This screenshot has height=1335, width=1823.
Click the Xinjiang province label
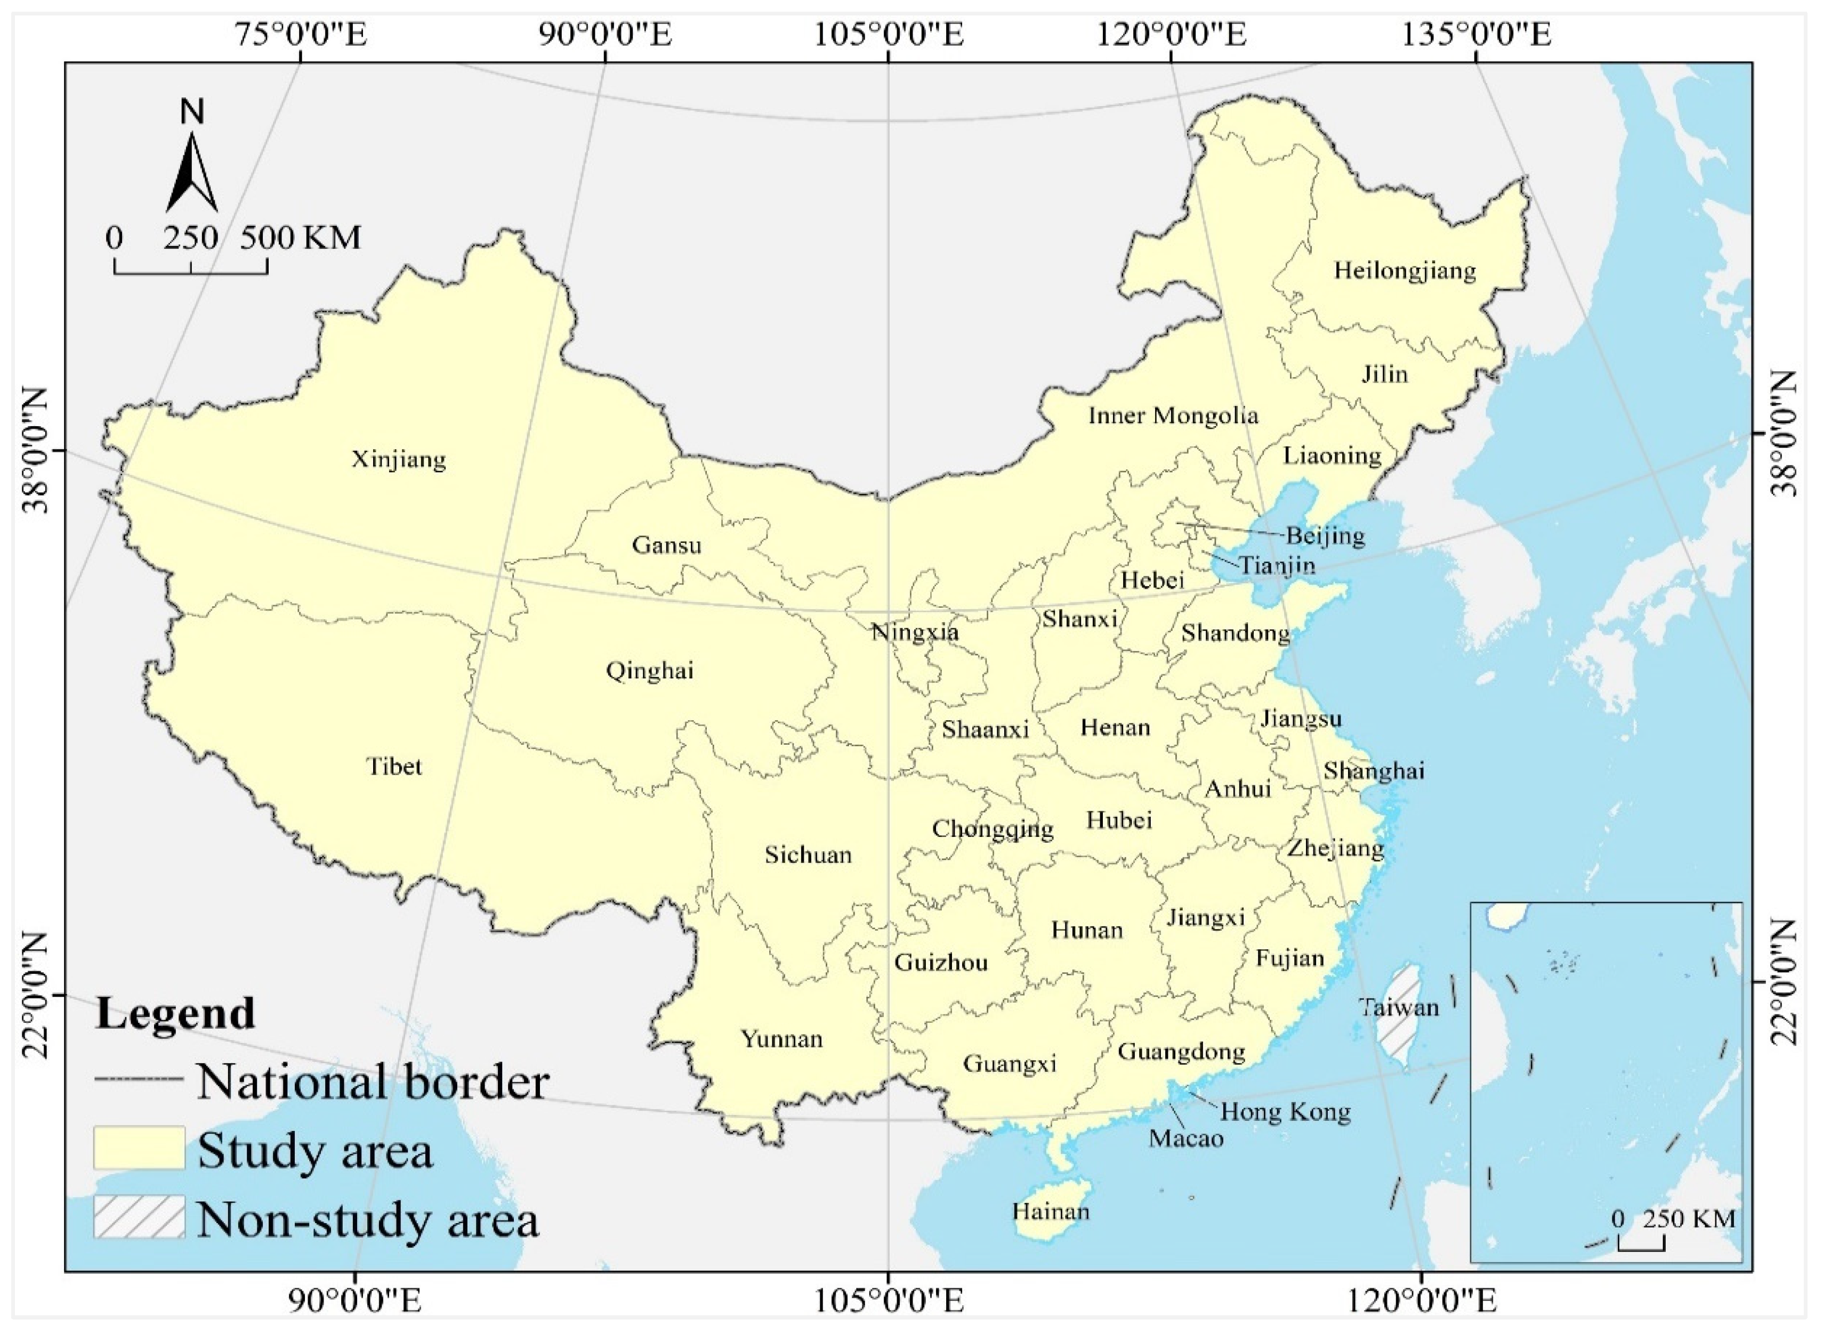coord(399,460)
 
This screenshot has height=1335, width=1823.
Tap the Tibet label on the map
coord(394,766)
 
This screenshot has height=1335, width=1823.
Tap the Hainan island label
coord(1050,1234)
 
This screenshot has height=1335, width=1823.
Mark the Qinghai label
coord(649,671)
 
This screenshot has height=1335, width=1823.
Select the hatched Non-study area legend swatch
coord(139,1217)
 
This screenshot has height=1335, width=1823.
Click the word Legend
coord(175,1013)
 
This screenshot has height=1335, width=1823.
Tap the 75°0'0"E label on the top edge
coord(301,36)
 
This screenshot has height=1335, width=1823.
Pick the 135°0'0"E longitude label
coord(1476,36)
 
